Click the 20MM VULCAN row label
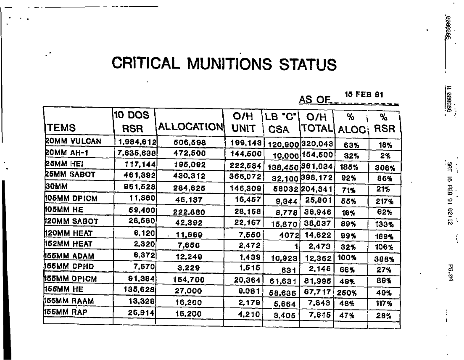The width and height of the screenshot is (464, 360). click(x=73, y=141)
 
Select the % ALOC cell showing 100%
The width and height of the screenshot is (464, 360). click(x=348, y=257)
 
